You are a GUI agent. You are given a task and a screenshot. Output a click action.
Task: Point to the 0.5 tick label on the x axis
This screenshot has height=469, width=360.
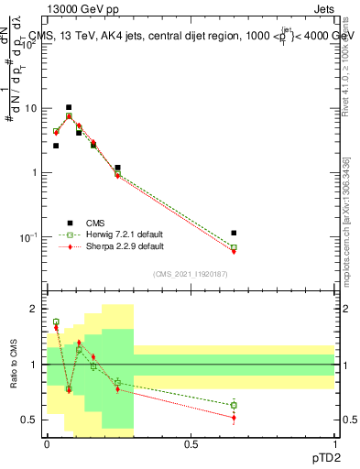pyautogui.click(x=191, y=443)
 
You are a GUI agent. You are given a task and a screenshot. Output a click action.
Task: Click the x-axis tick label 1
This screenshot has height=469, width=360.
pyautogui.click(x=335, y=443)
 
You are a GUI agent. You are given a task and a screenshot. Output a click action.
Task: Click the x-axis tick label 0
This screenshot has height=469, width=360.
pyautogui.click(x=47, y=443)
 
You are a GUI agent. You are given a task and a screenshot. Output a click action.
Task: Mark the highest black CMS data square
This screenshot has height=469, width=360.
pyautogui.click(x=69, y=107)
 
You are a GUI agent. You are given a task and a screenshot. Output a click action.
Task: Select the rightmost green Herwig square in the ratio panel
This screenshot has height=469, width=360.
pyautogui.click(x=234, y=405)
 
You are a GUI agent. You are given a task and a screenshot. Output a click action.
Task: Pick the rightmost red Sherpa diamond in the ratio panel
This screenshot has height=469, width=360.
pyautogui.click(x=234, y=418)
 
